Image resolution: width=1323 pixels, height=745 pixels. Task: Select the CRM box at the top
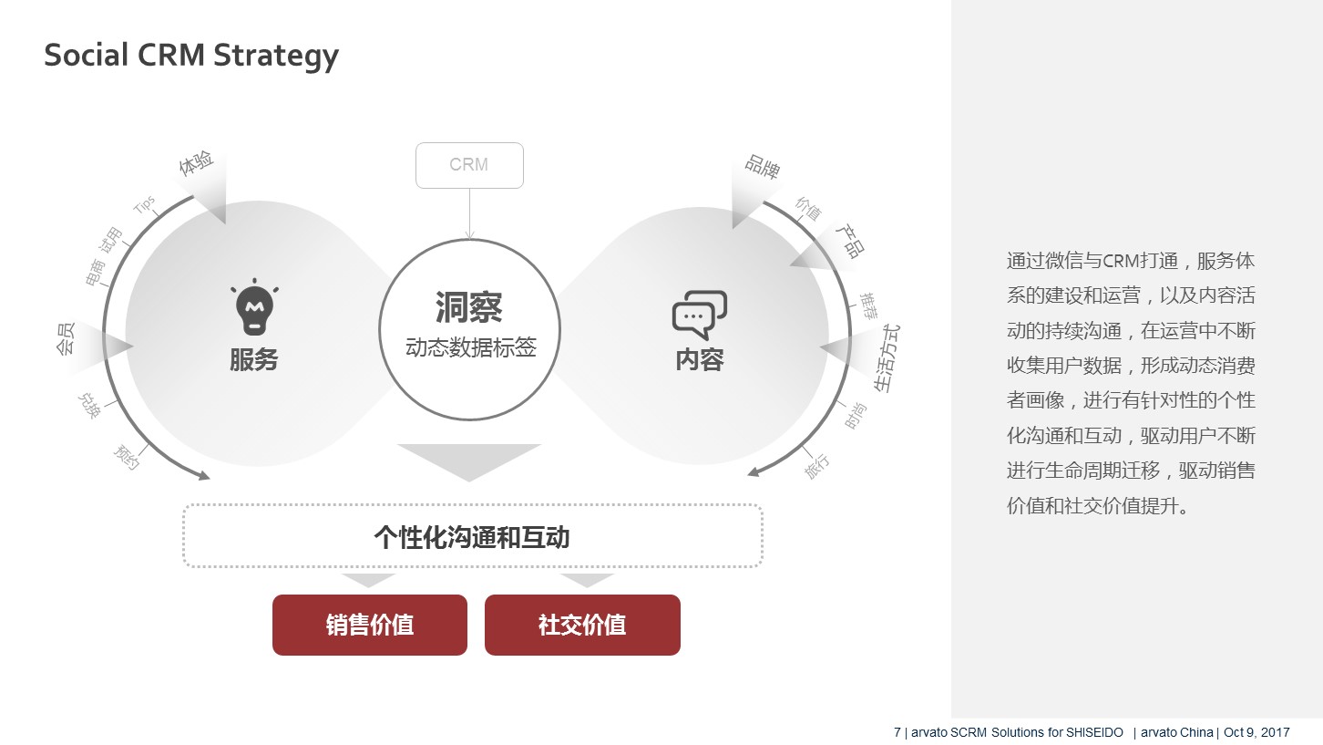(x=469, y=166)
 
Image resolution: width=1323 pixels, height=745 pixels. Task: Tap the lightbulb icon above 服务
(x=254, y=307)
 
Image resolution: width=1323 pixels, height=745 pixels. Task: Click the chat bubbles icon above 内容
(x=700, y=315)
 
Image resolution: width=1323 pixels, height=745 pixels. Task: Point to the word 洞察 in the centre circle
(x=469, y=307)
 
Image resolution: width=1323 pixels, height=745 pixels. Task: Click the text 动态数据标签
(x=471, y=347)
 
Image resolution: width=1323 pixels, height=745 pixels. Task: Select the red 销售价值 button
(x=370, y=625)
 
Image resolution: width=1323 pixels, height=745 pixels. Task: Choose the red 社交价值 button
(x=582, y=625)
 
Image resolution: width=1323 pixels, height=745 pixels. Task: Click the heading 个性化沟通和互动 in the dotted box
(x=472, y=537)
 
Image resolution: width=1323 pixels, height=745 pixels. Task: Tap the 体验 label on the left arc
(x=196, y=162)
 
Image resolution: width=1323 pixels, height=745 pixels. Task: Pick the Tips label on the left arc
(x=144, y=204)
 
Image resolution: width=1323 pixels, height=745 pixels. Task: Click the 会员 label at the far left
(x=65, y=339)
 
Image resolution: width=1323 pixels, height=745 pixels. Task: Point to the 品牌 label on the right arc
(x=763, y=166)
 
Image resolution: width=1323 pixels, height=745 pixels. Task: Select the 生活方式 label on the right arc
(x=887, y=358)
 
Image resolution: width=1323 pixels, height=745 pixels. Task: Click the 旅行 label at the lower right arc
(x=816, y=466)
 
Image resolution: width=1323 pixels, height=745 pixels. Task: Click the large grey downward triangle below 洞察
(x=469, y=461)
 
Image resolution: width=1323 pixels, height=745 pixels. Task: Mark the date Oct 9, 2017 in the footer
(x=1256, y=732)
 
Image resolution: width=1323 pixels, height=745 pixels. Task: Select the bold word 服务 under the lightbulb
(x=254, y=359)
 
